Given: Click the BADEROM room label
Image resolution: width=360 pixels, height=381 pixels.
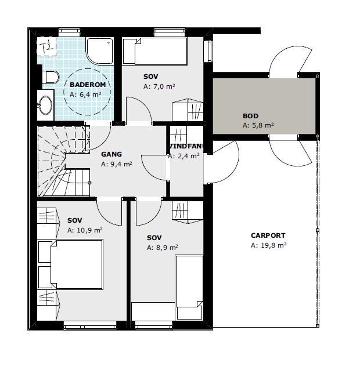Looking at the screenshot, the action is (88, 85).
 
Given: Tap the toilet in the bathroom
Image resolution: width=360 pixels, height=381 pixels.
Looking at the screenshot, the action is (51, 77).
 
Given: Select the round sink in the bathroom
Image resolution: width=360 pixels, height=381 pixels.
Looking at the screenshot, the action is (45, 105).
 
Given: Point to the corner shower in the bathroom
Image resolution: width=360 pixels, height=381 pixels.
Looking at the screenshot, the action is (100, 51).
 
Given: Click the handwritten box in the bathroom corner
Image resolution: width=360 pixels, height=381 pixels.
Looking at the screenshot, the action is (46, 46).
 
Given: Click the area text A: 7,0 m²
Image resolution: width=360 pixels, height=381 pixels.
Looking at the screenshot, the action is (159, 86).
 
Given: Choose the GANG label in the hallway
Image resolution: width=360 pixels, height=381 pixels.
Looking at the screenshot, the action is (111, 154).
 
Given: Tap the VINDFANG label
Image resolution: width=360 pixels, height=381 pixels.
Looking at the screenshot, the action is (186, 146).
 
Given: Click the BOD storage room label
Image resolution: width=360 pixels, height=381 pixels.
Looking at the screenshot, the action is (250, 116).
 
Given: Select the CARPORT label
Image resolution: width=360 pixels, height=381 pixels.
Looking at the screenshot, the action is (268, 235).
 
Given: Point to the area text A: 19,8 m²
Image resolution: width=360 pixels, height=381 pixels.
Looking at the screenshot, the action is (268, 245).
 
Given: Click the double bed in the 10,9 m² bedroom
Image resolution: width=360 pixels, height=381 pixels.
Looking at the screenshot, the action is (77, 264).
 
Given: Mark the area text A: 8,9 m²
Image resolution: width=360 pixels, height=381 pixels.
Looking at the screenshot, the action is (163, 248).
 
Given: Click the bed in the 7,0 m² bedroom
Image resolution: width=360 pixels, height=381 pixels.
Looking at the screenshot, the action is (154, 51).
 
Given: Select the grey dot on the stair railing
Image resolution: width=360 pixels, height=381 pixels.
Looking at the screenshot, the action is (89, 183).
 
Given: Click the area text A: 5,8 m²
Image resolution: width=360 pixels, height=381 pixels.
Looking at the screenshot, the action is (258, 125).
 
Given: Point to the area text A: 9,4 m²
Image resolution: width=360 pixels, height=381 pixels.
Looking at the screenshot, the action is (117, 164).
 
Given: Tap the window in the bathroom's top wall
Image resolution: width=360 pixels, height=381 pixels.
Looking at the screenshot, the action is (69, 32).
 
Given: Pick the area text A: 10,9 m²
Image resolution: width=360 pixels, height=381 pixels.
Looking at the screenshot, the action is (85, 230).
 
